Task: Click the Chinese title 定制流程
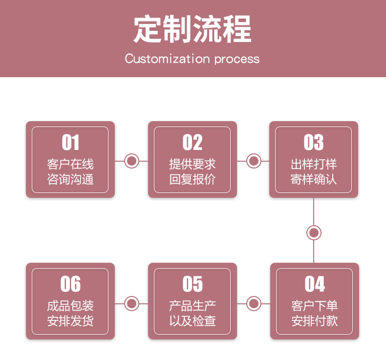tap(192, 28)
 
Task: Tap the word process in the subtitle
tap(237, 60)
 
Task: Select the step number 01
tap(70, 142)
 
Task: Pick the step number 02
tap(192, 142)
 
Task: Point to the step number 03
tap(314, 142)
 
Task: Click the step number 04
tap(315, 284)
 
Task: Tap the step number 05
tap(193, 284)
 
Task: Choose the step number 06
tap(70, 284)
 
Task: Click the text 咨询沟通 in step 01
tap(70, 179)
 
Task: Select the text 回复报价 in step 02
tap(192, 179)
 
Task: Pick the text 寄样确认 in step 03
tap(314, 179)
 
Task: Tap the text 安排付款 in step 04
tap(315, 320)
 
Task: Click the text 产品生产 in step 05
tap(193, 306)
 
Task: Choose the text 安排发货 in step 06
tap(70, 320)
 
